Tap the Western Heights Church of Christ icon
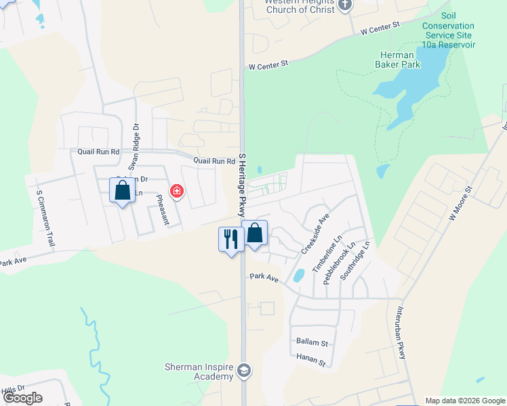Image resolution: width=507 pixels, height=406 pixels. point(346,5)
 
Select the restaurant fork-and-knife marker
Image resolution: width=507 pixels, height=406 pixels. point(230,240)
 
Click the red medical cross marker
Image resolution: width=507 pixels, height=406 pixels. point(177,191)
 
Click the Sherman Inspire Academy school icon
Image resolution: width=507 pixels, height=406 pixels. point(243,370)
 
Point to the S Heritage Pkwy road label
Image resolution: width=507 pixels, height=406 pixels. point(242,184)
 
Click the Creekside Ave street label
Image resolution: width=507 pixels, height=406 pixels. point(315,233)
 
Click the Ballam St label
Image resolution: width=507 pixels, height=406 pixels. point(312,343)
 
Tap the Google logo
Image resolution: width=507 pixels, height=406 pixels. point(22,397)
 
